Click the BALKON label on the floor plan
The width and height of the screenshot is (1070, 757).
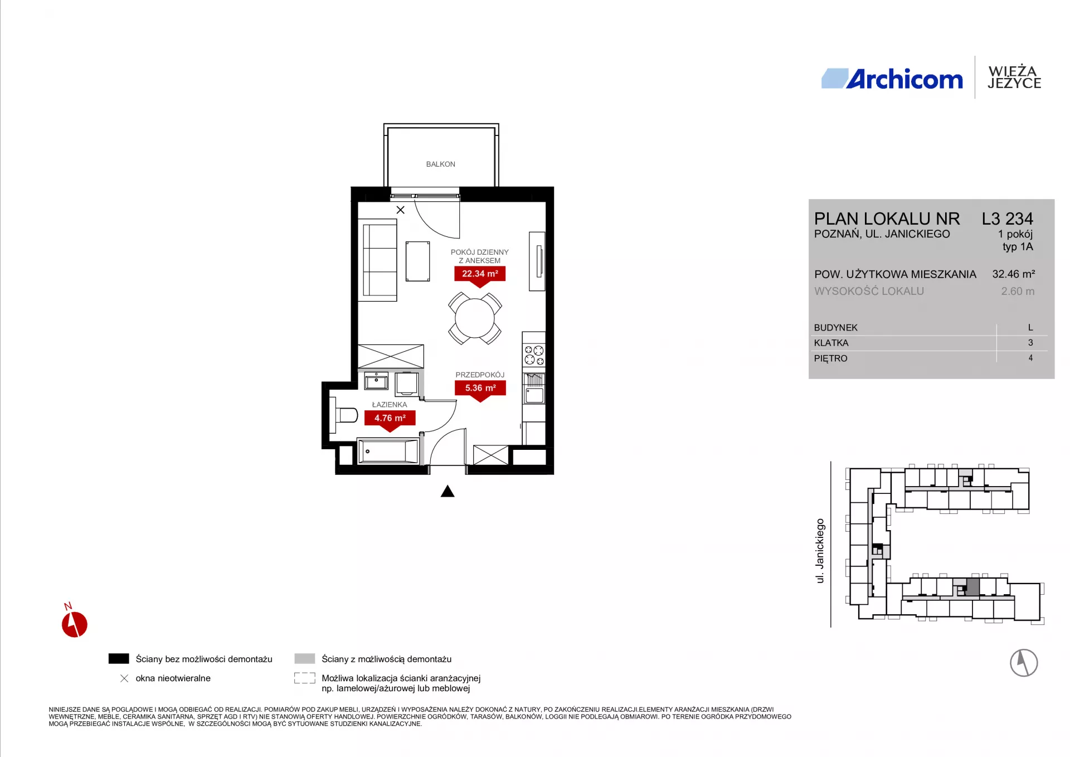coord(440,164)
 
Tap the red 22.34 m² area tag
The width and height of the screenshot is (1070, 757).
coord(480,274)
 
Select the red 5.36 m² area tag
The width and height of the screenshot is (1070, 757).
coord(480,388)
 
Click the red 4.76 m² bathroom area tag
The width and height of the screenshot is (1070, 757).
coord(390,418)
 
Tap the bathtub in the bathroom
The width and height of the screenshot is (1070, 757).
coord(388,452)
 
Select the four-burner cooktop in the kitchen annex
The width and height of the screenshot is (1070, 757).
coord(534,356)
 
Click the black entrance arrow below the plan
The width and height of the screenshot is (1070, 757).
coord(448,491)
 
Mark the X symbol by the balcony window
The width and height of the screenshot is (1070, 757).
coord(400,210)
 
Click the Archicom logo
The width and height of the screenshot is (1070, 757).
coord(892,79)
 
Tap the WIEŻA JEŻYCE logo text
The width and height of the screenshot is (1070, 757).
coord(1014,77)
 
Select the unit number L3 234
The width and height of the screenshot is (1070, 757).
coord(1008,219)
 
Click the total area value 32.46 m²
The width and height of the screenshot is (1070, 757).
coord(1014,274)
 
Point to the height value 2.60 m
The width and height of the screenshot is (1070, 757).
coord(1018,292)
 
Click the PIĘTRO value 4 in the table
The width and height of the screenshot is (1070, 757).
coord(1030,358)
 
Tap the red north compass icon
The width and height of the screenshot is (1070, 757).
coord(74,624)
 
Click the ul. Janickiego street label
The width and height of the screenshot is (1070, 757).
coord(820,551)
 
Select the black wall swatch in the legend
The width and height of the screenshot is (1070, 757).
coord(119,659)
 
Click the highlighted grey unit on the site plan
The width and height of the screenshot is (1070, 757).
coord(972,587)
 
